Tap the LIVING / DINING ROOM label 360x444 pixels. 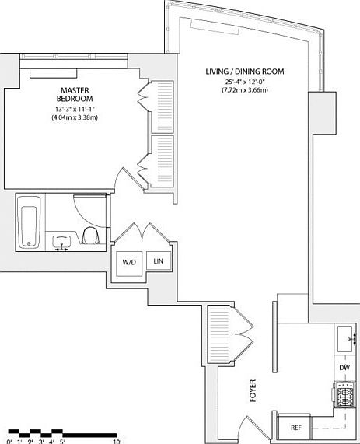245,72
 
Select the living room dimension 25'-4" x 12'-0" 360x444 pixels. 245,82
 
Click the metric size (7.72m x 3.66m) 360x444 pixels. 245,92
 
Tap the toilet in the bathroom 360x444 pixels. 89,236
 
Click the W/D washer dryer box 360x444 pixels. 128,262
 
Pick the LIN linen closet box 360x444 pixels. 159,261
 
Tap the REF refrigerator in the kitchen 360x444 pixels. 295,428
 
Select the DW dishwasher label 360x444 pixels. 344,368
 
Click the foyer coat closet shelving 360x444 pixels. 220,333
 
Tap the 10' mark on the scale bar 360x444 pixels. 117,440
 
